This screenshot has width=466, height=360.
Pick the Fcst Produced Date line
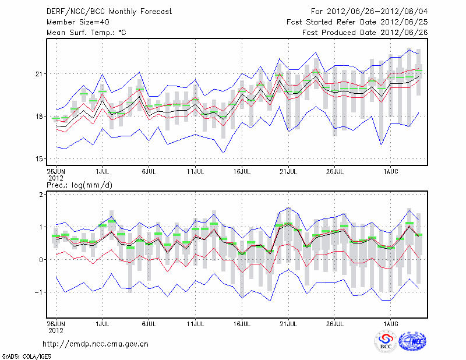click(x=365, y=33)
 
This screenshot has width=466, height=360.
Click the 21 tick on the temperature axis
click(x=41, y=74)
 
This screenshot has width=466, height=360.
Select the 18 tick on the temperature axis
click(x=41, y=117)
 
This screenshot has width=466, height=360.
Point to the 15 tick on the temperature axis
click(x=41, y=158)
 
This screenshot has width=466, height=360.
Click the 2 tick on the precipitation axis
click(x=43, y=195)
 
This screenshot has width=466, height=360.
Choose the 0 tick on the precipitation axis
click(x=43, y=260)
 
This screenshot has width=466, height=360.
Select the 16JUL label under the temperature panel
click(x=242, y=171)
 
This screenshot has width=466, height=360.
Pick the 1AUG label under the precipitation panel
click(x=391, y=322)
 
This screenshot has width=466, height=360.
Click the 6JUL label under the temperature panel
click(x=149, y=171)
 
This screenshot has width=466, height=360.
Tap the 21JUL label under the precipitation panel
click(x=288, y=322)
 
